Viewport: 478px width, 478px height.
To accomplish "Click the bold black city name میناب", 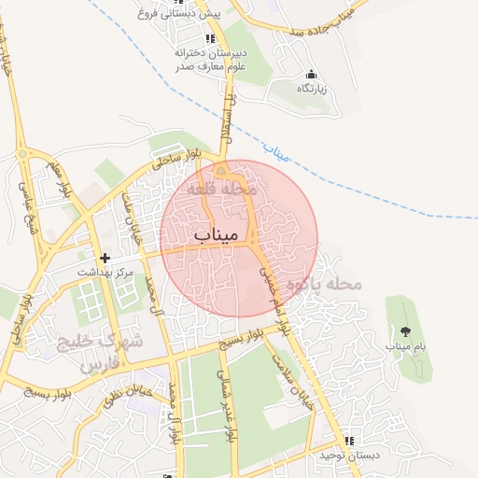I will coord(218,234).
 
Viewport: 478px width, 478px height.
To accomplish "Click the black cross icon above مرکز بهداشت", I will coord(105,257).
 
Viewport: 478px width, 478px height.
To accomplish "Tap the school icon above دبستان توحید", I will coord(349,440).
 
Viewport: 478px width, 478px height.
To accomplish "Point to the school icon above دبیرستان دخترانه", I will coord(210,38).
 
